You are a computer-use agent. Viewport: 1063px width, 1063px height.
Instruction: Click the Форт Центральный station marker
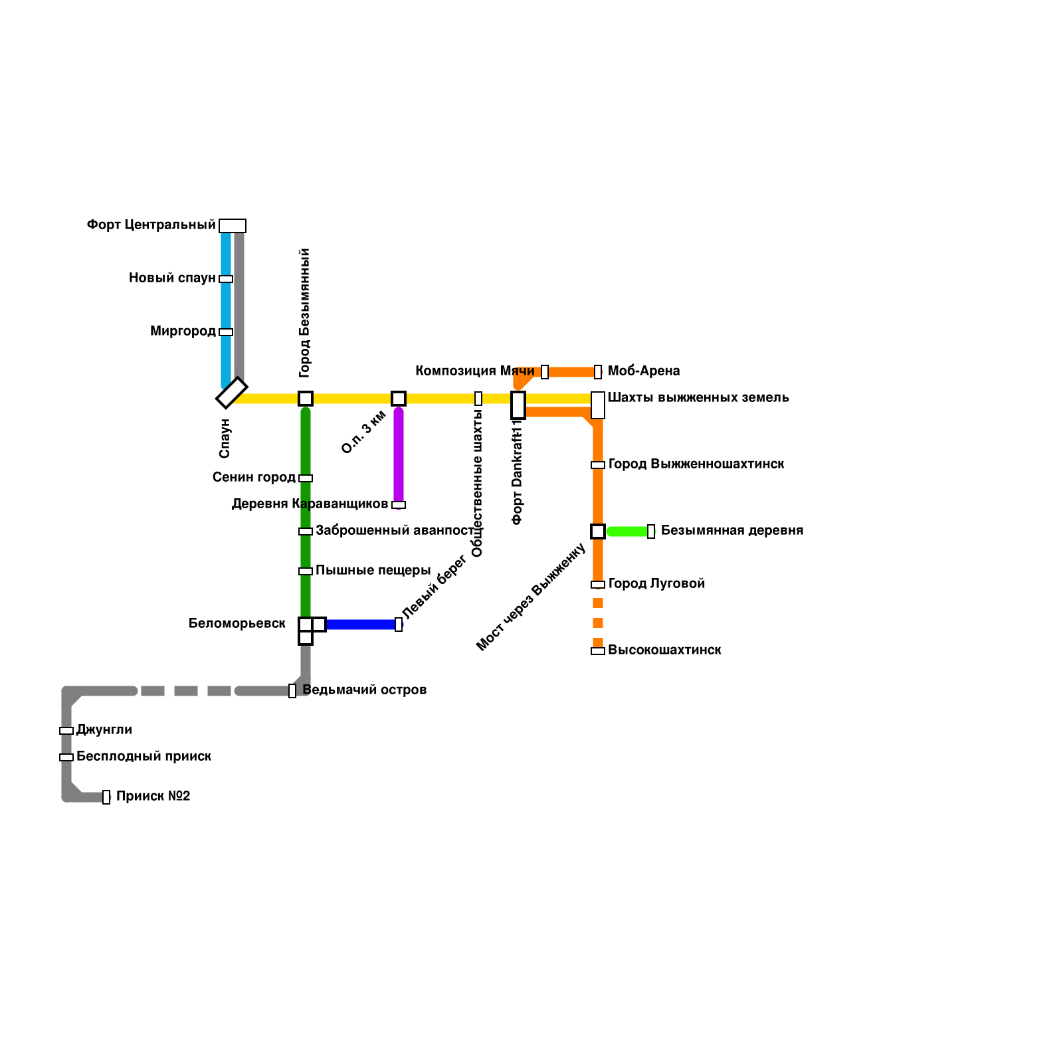click(x=233, y=226)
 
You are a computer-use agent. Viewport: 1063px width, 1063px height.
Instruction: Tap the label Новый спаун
click(x=172, y=278)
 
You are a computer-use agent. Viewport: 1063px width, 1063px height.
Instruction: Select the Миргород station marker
click(x=226, y=332)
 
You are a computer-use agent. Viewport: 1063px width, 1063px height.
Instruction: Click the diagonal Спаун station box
click(x=232, y=393)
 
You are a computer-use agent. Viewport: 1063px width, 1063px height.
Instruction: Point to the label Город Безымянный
click(x=304, y=312)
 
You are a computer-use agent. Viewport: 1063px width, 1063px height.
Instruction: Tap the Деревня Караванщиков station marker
click(x=399, y=505)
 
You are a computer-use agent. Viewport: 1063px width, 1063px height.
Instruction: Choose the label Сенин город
click(x=254, y=477)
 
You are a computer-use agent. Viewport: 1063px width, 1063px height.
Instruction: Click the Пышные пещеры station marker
click(x=306, y=571)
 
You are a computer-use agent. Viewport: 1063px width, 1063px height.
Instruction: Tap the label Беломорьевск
click(x=237, y=623)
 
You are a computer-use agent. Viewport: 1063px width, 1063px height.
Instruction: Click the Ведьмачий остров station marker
click(x=292, y=691)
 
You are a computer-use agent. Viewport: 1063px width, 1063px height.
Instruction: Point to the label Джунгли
click(x=104, y=729)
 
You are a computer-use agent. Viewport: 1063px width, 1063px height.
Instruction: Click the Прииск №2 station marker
click(x=106, y=797)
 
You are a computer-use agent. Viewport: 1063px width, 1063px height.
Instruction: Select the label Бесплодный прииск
click(x=144, y=756)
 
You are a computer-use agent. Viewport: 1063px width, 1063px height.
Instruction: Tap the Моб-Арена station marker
click(x=598, y=372)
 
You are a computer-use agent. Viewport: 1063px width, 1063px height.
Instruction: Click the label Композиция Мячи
click(x=474, y=371)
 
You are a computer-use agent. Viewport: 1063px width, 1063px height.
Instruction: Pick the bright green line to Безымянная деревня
click(x=628, y=531)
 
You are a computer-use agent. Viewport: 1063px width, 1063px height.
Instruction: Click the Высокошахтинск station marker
click(x=598, y=651)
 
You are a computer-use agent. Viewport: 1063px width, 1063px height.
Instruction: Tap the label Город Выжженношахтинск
click(x=696, y=464)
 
